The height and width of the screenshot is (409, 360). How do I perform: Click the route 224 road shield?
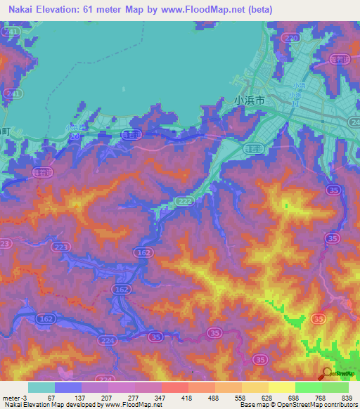click(108, 342)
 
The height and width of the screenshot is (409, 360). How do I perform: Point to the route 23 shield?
click(4, 243)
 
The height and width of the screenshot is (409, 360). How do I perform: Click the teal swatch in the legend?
click(41, 387)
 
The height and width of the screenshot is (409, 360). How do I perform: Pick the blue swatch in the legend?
click(68, 387)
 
